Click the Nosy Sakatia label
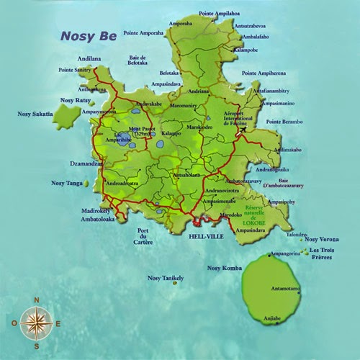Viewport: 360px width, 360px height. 35,114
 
